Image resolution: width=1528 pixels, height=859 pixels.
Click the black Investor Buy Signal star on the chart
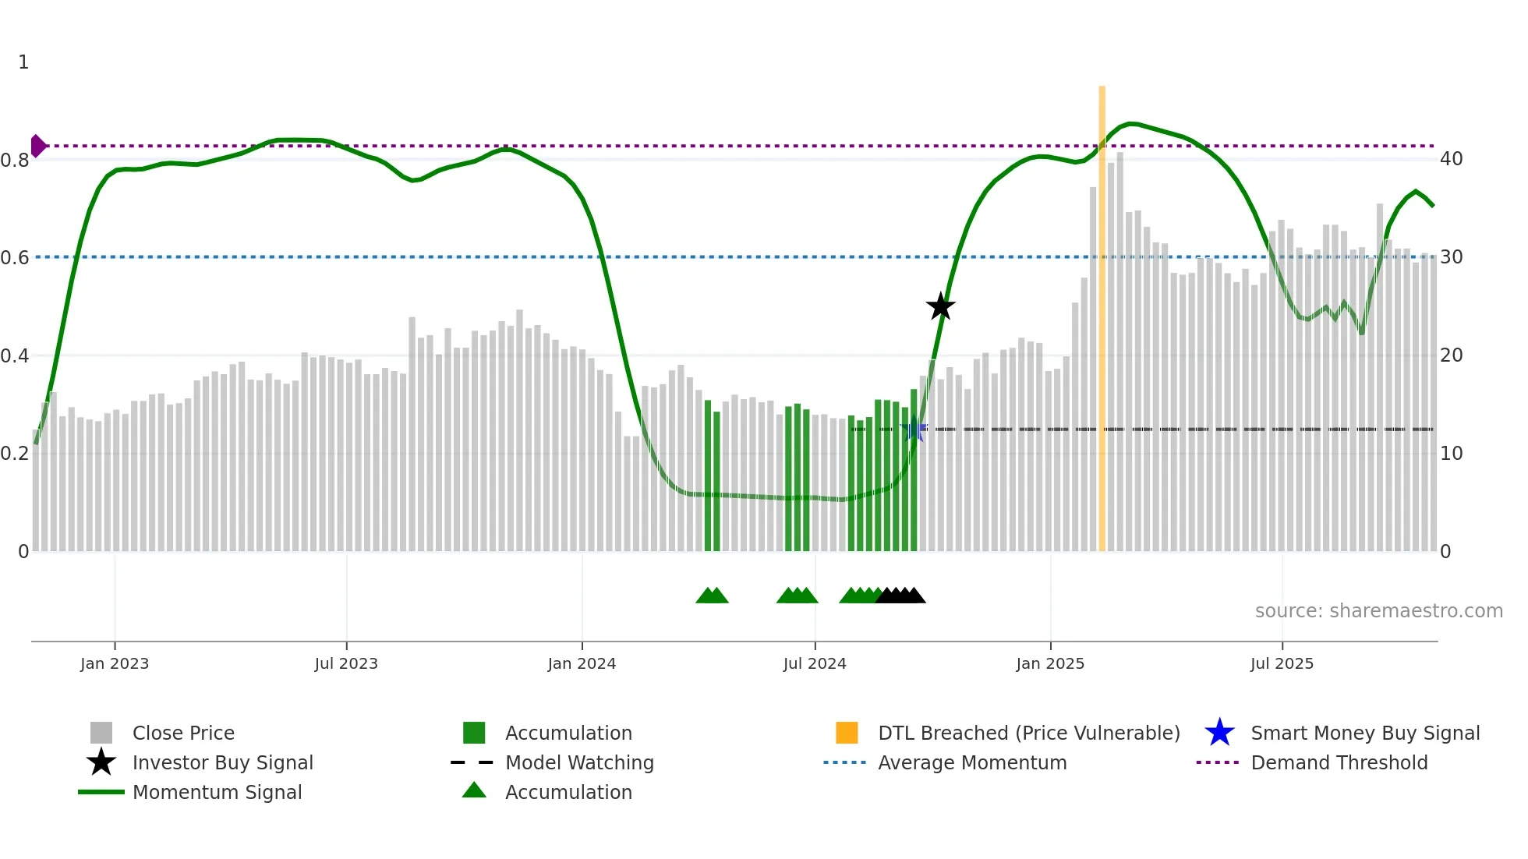(x=940, y=306)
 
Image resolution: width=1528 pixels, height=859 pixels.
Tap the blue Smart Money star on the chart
(x=914, y=429)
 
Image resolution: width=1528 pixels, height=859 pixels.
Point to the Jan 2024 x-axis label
(x=582, y=663)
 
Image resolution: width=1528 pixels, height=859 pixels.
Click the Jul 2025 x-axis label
(x=1282, y=663)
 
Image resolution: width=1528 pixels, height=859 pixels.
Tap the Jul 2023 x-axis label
(x=346, y=663)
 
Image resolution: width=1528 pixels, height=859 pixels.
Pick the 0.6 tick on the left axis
(x=15, y=257)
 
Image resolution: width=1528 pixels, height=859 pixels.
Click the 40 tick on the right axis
(x=1451, y=159)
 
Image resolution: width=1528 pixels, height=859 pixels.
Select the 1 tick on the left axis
(x=23, y=62)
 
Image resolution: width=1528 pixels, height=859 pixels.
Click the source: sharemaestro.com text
(x=1378, y=611)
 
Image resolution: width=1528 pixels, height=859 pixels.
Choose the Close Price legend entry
(x=183, y=733)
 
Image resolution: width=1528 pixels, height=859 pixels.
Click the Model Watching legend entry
(x=579, y=762)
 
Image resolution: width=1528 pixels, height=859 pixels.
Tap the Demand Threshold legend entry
(x=1339, y=762)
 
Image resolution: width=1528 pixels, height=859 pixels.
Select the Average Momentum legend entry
(x=971, y=762)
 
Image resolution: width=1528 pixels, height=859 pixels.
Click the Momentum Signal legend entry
(x=217, y=792)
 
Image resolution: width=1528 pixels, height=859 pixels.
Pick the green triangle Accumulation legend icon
(x=474, y=790)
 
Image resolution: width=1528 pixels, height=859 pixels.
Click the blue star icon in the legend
(x=1219, y=733)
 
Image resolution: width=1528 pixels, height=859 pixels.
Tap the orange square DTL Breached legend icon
(x=847, y=733)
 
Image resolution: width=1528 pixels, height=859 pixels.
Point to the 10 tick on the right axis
(x=1451, y=454)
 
